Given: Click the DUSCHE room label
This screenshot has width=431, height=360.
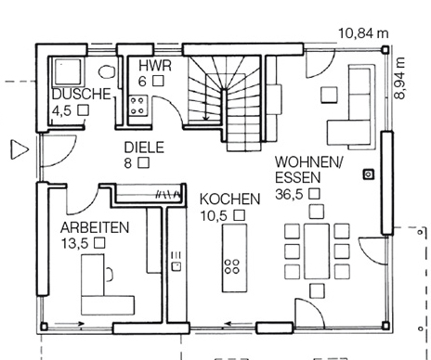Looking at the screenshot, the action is [82, 94].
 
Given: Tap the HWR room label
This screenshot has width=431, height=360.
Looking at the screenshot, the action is [155, 66].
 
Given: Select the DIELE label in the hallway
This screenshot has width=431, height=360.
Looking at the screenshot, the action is [144, 148].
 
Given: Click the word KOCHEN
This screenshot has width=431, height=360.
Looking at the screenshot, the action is [230, 199].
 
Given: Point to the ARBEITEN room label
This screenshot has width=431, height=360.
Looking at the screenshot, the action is [95, 227].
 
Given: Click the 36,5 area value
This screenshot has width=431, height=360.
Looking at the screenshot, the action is [289, 194].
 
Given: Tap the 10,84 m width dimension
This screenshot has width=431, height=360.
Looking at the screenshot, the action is [363, 33].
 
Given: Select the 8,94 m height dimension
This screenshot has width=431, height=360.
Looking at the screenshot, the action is [399, 78].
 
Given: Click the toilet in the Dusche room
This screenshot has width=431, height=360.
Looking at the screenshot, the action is [107, 71].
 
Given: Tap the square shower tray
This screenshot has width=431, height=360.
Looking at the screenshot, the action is [68, 71].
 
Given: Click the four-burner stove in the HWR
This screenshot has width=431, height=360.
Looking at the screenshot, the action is [137, 106].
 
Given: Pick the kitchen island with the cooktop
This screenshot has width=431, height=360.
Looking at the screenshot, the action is [234, 258].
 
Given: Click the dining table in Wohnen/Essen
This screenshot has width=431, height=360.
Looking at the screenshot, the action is [317, 251].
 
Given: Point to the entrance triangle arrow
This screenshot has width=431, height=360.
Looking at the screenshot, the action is [20, 149].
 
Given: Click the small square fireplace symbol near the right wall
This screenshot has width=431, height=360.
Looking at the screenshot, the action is [369, 174].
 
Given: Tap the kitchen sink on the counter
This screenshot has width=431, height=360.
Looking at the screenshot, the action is [176, 266].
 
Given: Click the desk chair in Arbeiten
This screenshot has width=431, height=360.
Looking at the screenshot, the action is [110, 274].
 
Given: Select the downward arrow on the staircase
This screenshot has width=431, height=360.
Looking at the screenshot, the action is [205, 110].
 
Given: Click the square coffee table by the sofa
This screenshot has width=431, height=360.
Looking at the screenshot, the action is [329, 95].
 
